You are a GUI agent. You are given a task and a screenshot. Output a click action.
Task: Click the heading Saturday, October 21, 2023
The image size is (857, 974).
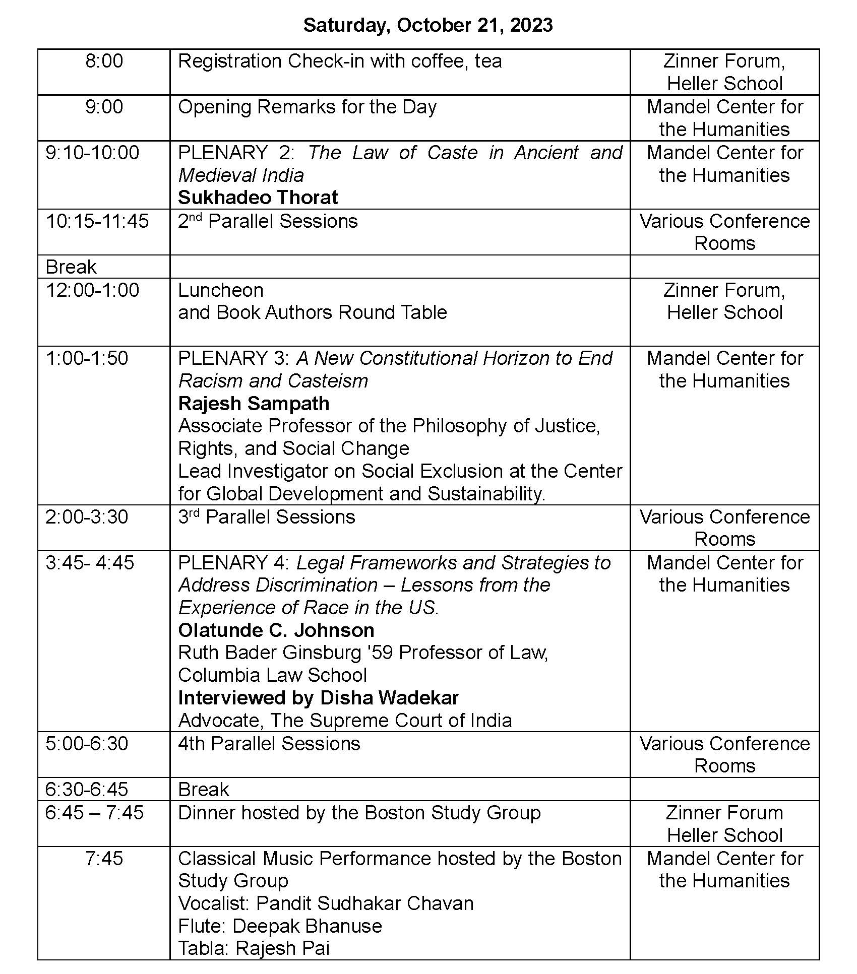[428, 25]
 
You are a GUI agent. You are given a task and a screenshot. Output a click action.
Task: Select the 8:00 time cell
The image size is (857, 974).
[104, 61]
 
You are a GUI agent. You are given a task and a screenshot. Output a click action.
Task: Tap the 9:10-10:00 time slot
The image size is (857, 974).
[92, 153]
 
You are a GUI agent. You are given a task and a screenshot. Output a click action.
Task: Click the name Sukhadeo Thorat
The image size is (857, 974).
[258, 198]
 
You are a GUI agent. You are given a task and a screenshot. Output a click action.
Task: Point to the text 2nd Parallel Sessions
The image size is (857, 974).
[268, 221]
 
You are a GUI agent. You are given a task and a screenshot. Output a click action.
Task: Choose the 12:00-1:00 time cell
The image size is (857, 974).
[92, 290]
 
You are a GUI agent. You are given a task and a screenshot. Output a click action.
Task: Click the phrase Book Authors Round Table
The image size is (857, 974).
[332, 312]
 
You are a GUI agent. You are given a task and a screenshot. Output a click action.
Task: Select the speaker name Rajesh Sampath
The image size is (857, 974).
[254, 404]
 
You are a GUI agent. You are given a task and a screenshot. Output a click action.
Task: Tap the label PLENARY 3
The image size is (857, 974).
[233, 358]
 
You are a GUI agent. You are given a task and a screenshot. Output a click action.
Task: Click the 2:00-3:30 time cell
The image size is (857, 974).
[87, 517]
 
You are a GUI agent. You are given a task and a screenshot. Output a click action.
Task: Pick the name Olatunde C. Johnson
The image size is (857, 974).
[276, 630]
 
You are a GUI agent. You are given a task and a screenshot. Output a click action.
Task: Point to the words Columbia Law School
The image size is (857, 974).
[272, 675]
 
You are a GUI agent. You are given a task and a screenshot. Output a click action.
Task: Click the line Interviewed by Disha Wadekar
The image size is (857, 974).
[318, 698]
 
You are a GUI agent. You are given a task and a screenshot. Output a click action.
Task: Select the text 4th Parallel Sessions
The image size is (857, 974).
[269, 744]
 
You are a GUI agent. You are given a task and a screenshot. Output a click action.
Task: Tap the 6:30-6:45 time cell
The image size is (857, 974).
[87, 789]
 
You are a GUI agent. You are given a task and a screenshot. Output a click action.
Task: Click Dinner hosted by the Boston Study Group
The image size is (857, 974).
[359, 813]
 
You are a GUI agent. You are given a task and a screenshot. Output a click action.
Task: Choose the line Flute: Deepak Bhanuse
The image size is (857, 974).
[280, 926]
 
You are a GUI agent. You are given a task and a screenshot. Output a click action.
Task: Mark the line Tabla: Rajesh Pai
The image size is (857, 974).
[254, 948]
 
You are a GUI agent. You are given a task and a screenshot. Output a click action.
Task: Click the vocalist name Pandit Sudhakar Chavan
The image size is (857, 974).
[364, 903]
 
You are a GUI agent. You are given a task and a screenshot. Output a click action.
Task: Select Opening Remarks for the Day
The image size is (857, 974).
[307, 107]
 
